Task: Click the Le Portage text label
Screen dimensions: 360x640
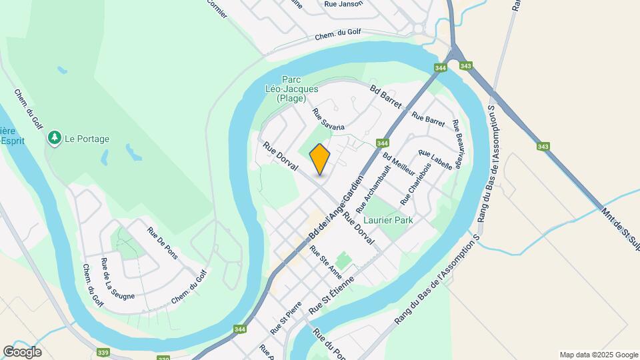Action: coord(87,139)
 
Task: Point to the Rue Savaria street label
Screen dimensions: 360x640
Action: coord(329,117)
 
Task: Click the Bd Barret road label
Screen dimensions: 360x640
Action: coord(386,96)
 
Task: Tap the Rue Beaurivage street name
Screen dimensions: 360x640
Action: coord(457,144)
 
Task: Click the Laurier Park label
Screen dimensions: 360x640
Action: coord(388,220)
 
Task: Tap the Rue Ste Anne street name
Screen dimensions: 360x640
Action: coord(325,262)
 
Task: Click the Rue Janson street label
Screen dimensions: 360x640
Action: coord(343,4)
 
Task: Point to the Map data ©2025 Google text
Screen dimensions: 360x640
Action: coord(599,355)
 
